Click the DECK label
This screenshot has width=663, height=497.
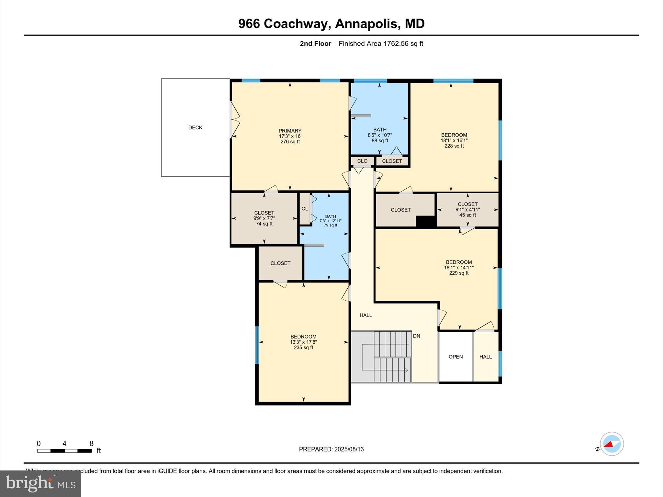pyautogui.click(x=195, y=127)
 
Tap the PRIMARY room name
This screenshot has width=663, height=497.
pyautogui.click(x=290, y=131)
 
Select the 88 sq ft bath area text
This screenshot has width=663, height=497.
pyautogui.click(x=380, y=140)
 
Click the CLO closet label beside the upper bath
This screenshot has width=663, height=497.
pyautogui.click(x=362, y=161)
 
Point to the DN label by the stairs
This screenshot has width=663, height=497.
pyautogui.click(x=416, y=336)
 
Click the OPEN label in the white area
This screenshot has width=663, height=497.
pyautogui.click(x=455, y=357)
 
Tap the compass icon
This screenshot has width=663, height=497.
pyautogui.click(x=612, y=444)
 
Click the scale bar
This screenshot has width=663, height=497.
pyautogui.click(x=64, y=450)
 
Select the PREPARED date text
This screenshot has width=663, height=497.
pyautogui.click(x=331, y=449)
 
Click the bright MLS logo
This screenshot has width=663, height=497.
pyautogui.click(x=40, y=483)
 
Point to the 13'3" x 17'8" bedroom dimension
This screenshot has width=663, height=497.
pyautogui.click(x=303, y=342)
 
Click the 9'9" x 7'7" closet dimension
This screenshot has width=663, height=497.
pyautogui.click(x=264, y=218)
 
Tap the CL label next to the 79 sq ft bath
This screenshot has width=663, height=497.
pyautogui.click(x=305, y=209)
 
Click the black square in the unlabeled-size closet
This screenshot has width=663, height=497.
pyautogui.click(x=426, y=222)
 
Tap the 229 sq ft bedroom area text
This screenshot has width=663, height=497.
pyautogui.click(x=459, y=273)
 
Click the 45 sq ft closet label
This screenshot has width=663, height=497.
pyautogui.click(x=467, y=215)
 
